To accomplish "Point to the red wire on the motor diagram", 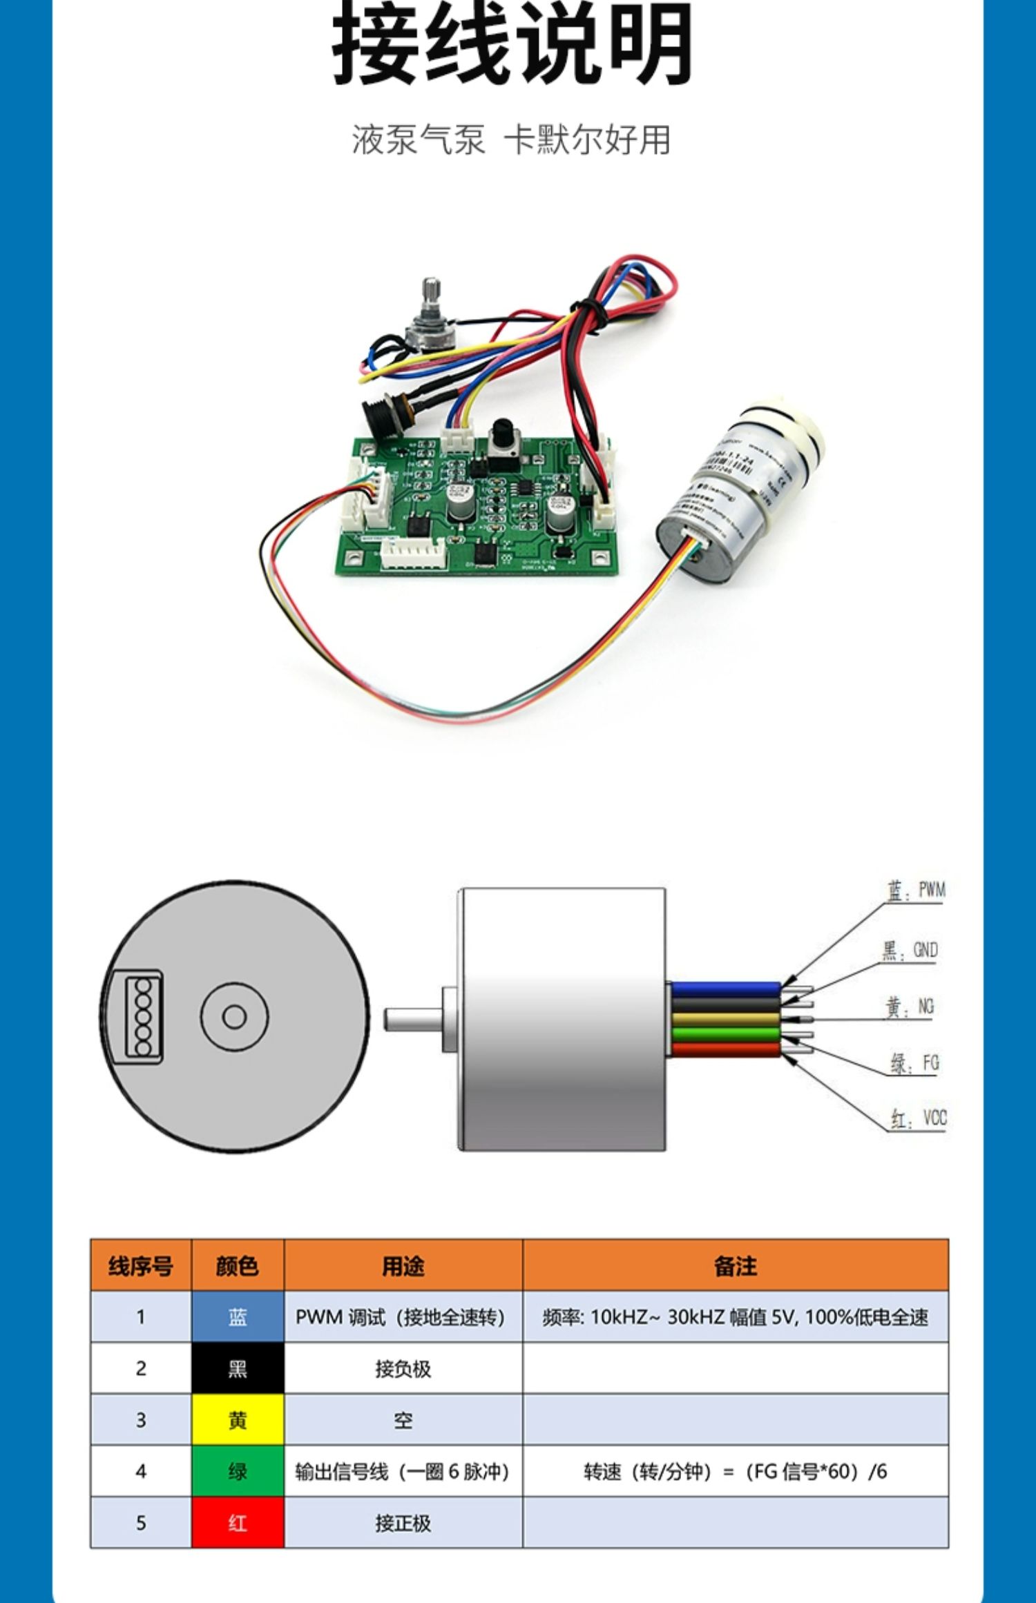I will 725,1050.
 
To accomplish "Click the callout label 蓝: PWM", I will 916,891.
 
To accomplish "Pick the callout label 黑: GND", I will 910,951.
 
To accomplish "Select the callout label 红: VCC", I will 918,1118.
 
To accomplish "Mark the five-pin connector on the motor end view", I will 144,1016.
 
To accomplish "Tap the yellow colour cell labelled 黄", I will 238,1420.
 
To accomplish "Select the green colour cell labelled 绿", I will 238,1471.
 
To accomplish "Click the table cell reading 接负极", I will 403,1368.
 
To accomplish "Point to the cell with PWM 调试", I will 401,1317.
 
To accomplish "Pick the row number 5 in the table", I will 141,1523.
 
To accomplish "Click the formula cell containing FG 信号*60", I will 735,1471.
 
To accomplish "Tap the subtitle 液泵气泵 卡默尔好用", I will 511,139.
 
